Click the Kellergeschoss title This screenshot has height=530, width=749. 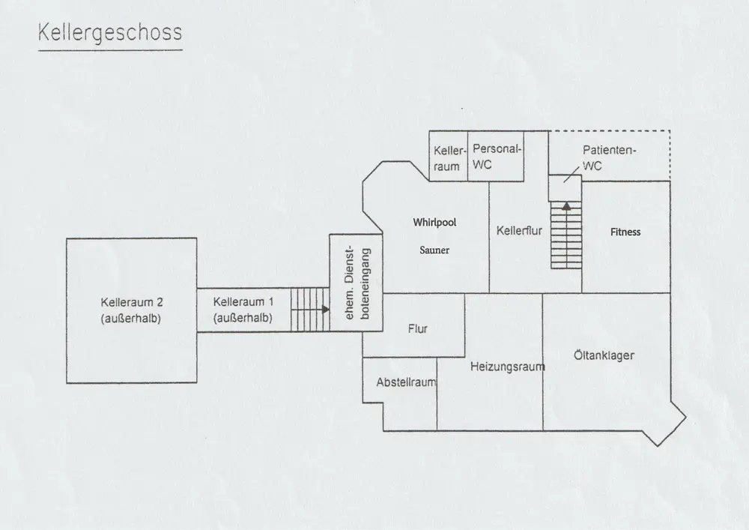click(109, 35)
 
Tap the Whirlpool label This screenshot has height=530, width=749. click(434, 223)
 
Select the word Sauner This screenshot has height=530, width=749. click(434, 250)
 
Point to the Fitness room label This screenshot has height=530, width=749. click(625, 232)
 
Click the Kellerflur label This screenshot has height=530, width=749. click(519, 231)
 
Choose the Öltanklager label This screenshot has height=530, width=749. click(604, 355)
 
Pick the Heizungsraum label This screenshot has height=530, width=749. click(507, 367)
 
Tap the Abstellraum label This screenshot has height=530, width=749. click(406, 382)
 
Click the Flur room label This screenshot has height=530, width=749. click(418, 328)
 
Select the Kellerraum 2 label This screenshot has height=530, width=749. click(132, 303)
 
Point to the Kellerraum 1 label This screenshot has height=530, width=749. click(243, 302)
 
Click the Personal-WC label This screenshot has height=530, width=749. click(495, 157)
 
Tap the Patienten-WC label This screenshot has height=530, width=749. click(609, 158)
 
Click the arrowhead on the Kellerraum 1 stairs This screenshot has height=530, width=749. click(325, 308)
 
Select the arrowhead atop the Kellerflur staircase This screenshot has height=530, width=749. click(566, 204)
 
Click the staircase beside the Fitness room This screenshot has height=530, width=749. click(566, 236)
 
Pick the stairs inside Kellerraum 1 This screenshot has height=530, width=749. click(307, 308)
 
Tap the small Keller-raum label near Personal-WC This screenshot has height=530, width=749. click(447, 158)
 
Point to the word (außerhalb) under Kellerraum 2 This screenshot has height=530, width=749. click(132, 319)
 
